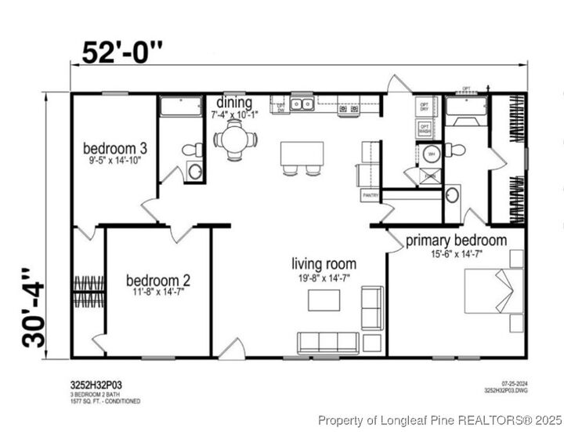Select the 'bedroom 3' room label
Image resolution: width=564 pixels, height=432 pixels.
[x=116, y=147]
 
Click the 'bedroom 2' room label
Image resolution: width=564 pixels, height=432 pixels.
[x=158, y=280]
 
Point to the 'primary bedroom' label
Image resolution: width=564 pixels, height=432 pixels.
[x=456, y=241]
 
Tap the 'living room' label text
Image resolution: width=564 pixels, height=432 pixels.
[x=324, y=264]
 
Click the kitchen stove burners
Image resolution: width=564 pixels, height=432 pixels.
[x=348, y=105]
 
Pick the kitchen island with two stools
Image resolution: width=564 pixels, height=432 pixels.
[x=302, y=153]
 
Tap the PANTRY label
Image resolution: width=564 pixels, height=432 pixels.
[x=371, y=194]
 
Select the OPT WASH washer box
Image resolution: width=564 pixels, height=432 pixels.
[x=425, y=129]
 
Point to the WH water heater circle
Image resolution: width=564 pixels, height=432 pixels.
[x=431, y=154]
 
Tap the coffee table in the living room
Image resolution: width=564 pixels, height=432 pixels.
[x=324, y=300]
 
